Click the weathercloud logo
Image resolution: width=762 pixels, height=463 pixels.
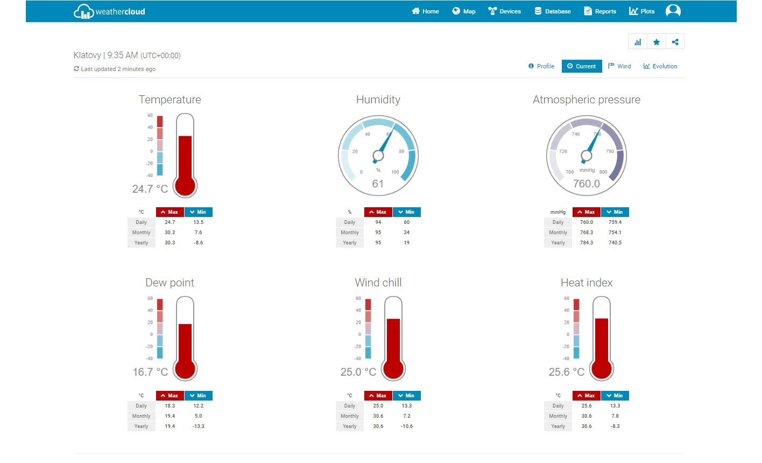(109, 11)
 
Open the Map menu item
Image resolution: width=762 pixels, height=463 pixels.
(464, 11)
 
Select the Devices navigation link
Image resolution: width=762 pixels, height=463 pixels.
(504, 11)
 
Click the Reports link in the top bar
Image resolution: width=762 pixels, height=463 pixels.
(600, 11)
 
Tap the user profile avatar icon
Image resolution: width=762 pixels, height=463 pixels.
(673, 11)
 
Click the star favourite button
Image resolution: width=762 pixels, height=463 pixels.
(657, 42)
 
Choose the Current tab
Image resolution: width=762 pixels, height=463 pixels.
(582, 66)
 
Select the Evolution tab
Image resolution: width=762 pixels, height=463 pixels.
(660, 66)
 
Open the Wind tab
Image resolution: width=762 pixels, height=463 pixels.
(619, 66)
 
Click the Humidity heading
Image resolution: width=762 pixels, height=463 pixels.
(378, 100)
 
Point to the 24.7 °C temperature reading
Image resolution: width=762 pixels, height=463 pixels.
(150, 189)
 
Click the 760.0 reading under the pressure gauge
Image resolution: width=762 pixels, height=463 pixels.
(586, 184)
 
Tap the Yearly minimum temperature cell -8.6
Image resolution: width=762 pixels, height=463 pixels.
(198, 243)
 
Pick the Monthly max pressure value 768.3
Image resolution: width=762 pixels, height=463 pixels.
(587, 233)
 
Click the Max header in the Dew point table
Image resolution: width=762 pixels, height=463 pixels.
(170, 396)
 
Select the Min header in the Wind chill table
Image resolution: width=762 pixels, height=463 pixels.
(407, 396)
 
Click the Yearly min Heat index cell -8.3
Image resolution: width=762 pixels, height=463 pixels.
(615, 426)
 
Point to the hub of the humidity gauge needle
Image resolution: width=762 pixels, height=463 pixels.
(378, 156)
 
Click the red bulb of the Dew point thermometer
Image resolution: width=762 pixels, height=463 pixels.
(185, 369)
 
